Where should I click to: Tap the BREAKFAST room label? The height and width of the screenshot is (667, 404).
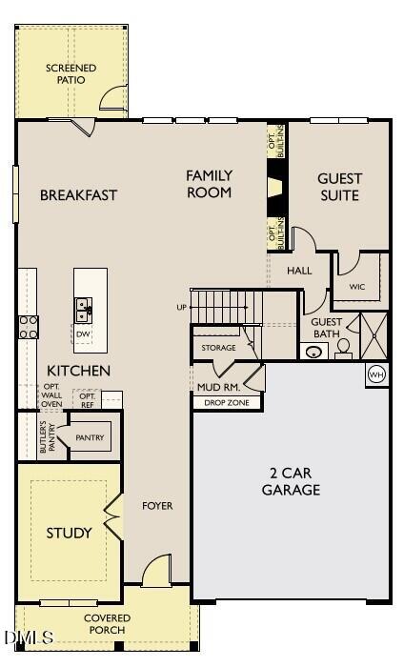click(78, 195)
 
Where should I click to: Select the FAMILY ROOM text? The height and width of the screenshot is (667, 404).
click(209, 184)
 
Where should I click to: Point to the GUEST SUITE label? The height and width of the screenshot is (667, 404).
click(339, 187)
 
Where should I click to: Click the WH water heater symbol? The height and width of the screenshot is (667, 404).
click(376, 373)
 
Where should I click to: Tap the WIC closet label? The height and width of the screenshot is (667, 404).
click(357, 286)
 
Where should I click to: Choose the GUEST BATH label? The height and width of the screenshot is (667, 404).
click(327, 328)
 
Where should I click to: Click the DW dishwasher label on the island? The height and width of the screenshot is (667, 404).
click(83, 334)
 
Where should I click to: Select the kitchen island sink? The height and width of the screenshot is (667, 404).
click(84, 308)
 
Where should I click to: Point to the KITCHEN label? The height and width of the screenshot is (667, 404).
click(79, 370)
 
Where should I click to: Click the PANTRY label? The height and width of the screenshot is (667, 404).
click(90, 438)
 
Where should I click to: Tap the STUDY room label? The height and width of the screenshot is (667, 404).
click(70, 533)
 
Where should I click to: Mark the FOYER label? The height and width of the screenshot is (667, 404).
click(157, 506)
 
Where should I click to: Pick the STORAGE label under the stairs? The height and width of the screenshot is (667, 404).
click(218, 348)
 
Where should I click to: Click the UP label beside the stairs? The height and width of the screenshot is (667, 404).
click(182, 308)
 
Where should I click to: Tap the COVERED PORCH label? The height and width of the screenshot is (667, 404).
click(109, 624)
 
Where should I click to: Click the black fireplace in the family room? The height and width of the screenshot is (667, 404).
click(275, 186)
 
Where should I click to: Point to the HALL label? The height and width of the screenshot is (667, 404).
click(299, 271)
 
